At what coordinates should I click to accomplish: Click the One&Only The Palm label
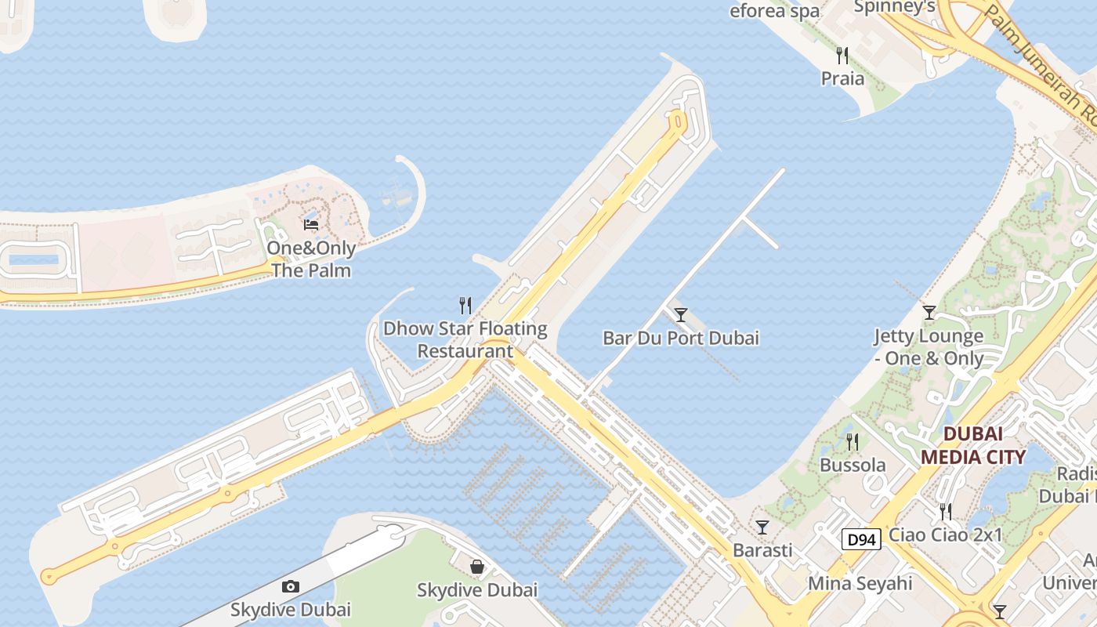pyautogui.click(x=311, y=259)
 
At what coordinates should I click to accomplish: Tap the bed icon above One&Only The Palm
pyautogui.click(x=311, y=225)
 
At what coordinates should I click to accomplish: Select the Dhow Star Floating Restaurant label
pyautogui.click(x=465, y=339)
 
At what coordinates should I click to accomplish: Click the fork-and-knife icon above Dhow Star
pyautogui.click(x=465, y=305)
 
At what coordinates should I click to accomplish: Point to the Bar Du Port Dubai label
pyautogui.click(x=681, y=339)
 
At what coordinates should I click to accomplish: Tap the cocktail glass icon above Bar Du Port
pyautogui.click(x=681, y=315)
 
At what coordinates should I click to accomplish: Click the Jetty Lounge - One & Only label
pyautogui.click(x=929, y=347)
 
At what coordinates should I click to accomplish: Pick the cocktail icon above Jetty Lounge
pyautogui.click(x=929, y=313)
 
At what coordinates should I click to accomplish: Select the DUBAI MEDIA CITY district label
pyautogui.click(x=972, y=445)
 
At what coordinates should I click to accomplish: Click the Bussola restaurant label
pyautogui.click(x=853, y=465)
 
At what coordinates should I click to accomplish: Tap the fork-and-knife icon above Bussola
pyautogui.click(x=853, y=442)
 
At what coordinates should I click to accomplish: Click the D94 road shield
pyautogui.click(x=861, y=539)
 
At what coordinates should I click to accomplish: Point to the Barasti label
pyautogui.click(x=762, y=550)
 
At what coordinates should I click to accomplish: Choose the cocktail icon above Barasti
pyautogui.click(x=762, y=527)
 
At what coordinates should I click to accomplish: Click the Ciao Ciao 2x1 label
pyautogui.click(x=947, y=535)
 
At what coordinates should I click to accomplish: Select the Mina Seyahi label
pyautogui.click(x=860, y=583)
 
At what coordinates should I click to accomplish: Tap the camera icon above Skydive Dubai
pyautogui.click(x=291, y=586)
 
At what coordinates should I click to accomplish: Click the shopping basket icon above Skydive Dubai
pyautogui.click(x=477, y=566)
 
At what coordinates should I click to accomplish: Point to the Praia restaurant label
pyautogui.click(x=843, y=78)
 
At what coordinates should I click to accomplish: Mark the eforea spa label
pyautogui.click(x=775, y=11)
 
